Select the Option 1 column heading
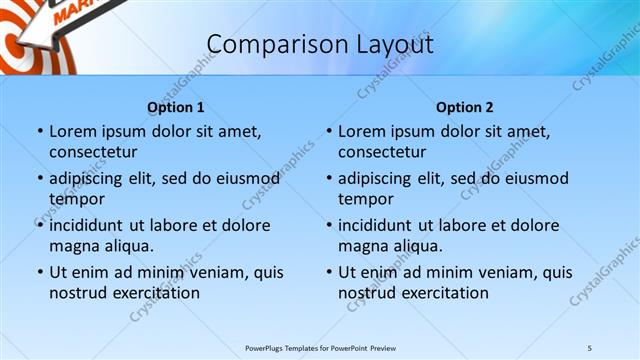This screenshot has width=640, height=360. click(176, 107)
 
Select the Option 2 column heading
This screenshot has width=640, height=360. click(465, 107)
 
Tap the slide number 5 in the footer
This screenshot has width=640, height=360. click(589, 347)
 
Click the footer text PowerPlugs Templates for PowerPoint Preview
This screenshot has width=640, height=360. click(320, 347)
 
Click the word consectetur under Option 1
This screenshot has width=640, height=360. click(93, 152)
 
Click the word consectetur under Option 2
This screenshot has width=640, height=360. click(382, 152)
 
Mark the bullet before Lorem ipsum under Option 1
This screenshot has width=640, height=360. click(39, 132)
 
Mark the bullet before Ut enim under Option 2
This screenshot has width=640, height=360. click(328, 272)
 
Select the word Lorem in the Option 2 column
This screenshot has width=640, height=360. click(361, 132)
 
